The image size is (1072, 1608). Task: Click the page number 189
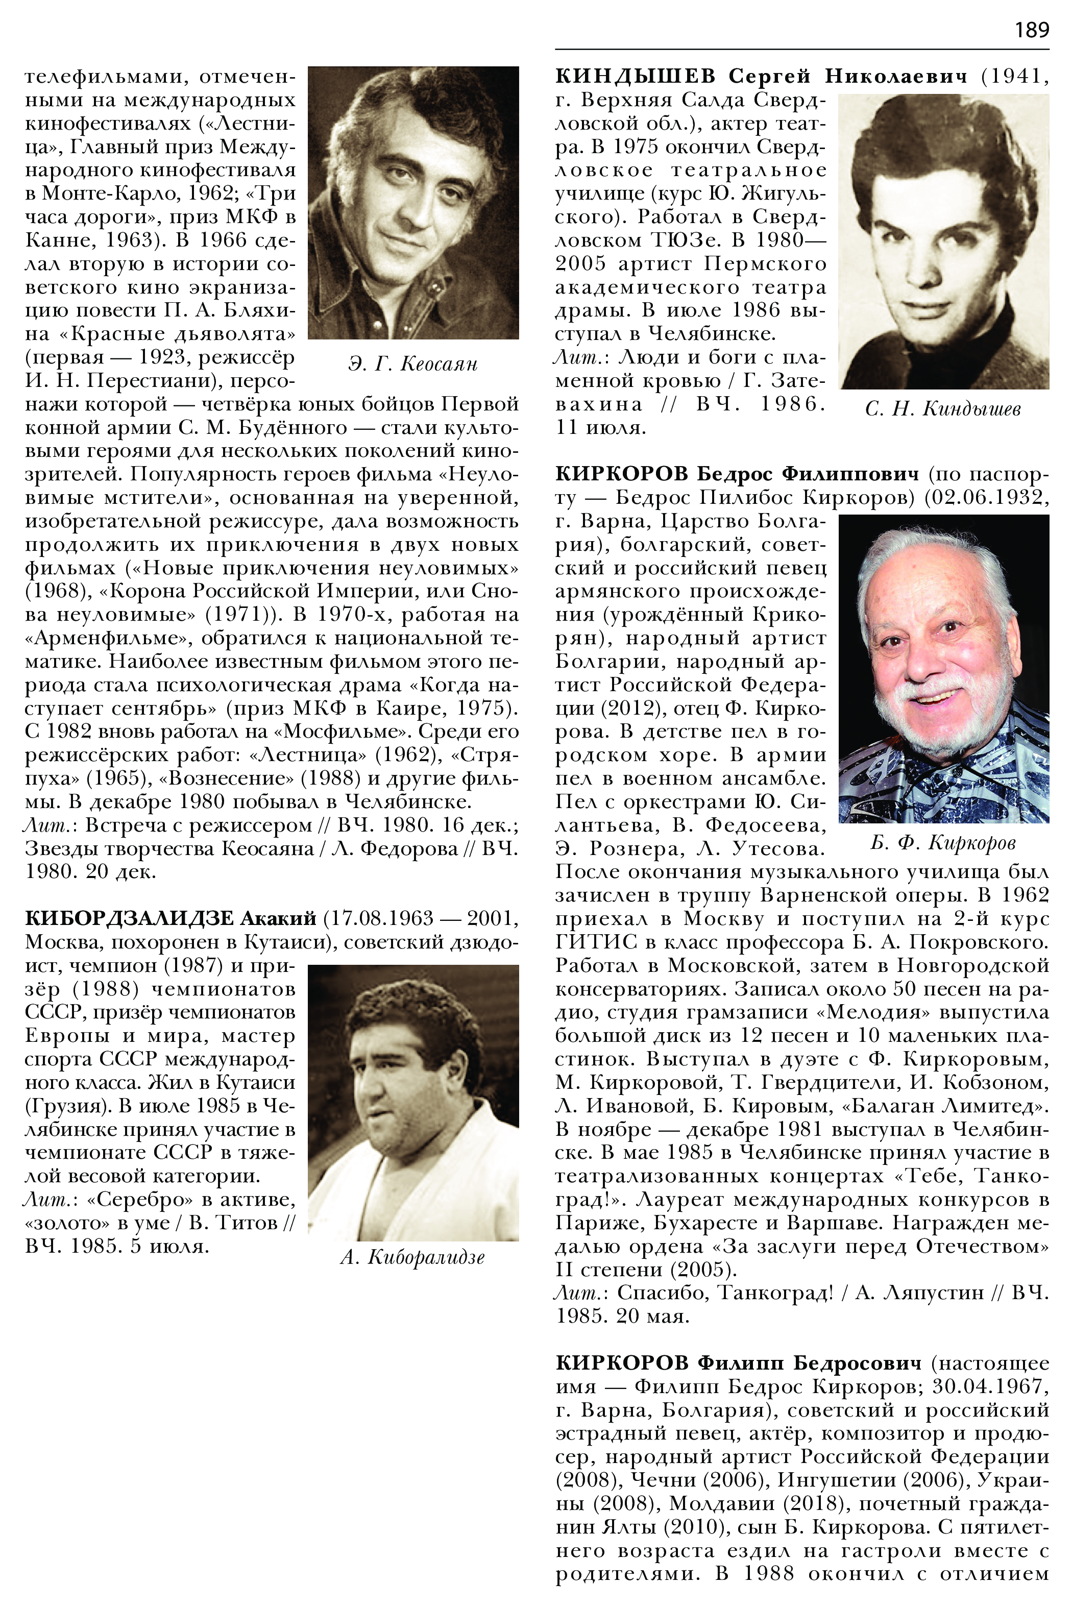[1031, 30]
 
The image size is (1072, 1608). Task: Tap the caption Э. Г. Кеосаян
[412, 363]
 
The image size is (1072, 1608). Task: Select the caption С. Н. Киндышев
[943, 409]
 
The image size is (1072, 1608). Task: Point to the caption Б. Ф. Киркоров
[943, 842]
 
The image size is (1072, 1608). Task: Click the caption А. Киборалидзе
[412, 1257]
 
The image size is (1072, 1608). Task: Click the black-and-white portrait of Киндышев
[943, 241]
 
